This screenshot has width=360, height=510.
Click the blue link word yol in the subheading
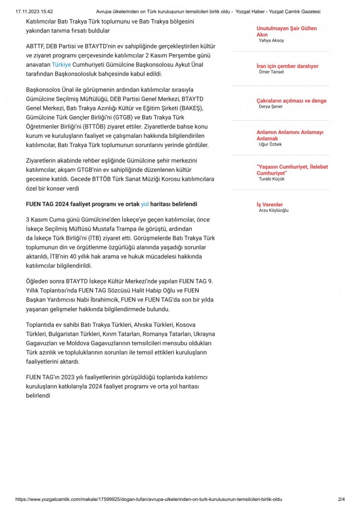(x=145, y=204)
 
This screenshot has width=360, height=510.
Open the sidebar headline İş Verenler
(x=269, y=205)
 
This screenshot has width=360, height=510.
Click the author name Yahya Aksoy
(x=271, y=40)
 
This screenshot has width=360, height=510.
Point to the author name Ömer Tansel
(x=271, y=72)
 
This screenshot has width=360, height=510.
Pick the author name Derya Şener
(x=270, y=107)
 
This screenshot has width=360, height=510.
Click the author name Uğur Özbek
(x=270, y=144)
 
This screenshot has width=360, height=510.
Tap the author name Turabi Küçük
(x=271, y=179)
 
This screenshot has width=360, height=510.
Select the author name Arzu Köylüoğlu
(x=274, y=210)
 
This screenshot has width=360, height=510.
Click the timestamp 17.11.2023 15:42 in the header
(x=34, y=11)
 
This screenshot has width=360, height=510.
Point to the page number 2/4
(x=341, y=499)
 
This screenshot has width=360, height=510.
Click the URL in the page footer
(x=149, y=499)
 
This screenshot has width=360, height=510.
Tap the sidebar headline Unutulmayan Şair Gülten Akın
(x=287, y=32)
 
